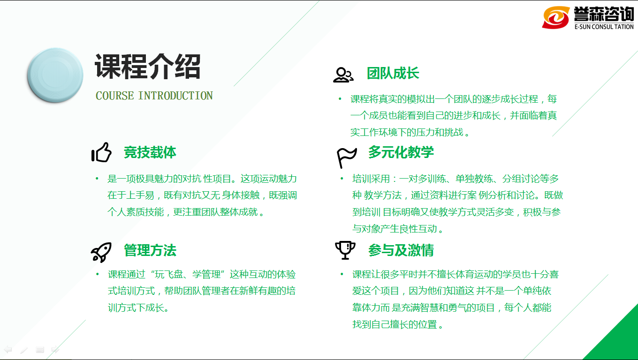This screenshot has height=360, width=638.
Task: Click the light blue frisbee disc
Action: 55,75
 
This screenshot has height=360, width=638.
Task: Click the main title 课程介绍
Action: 148,67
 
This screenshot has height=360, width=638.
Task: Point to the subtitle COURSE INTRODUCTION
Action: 154,96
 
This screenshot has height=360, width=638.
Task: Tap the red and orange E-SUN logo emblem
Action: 556,18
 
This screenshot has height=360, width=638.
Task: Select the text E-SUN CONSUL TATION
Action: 604,27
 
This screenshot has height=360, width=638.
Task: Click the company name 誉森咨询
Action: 604,14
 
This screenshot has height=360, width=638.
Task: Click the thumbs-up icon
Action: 101,152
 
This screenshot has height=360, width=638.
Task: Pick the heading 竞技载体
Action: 150,152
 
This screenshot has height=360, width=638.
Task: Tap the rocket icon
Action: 101,252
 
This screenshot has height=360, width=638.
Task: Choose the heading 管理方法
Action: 150,250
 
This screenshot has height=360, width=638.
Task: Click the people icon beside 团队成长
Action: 343,75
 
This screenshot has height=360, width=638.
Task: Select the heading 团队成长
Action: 393,74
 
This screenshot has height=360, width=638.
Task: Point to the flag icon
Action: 346,158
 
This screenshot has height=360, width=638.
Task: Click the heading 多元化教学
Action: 401,152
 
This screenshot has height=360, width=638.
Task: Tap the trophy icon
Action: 345,250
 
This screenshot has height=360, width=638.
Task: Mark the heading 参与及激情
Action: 401,250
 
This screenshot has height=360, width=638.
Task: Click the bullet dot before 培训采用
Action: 342,179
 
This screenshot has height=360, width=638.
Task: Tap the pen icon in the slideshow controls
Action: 24,350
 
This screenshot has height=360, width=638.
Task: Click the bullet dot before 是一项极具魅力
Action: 97,179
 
